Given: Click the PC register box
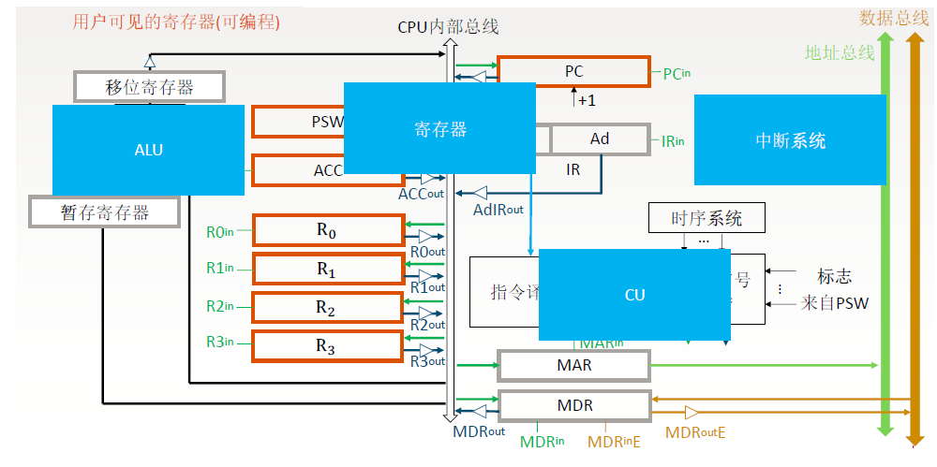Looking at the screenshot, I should [x=573, y=71].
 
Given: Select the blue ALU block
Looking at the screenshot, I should [x=149, y=149].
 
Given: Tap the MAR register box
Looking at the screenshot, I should [x=573, y=365].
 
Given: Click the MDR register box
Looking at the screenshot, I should [x=573, y=406].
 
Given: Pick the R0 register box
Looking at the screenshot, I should [x=325, y=230].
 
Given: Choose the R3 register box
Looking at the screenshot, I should [x=325, y=347].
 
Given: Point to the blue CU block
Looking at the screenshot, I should [x=634, y=294].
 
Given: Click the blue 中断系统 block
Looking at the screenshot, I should [x=790, y=141].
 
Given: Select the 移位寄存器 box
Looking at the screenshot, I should [x=149, y=87].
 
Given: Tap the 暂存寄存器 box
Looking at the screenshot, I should [x=104, y=212].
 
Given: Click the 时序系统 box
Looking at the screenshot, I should [x=706, y=219].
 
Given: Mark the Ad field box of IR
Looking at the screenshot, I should [x=600, y=139].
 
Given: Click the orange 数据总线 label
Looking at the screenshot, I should [x=894, y=18].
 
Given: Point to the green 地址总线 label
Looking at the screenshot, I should [x=839, y=52].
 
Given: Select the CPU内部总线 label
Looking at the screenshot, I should [x=448, y=27].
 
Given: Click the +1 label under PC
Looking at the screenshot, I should [x=587, y=99].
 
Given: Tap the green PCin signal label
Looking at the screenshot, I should [x=677, y=73].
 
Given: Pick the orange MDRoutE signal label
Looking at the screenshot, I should [x=695, y=432].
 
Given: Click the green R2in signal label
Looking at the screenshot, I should [x=221, y=305].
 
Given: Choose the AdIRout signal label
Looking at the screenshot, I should [x=498, y=210].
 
